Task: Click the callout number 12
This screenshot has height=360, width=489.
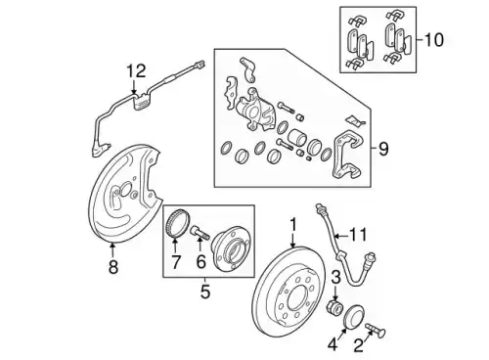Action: [x=136, y=71]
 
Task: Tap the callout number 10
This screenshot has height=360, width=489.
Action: [x=434, y=40]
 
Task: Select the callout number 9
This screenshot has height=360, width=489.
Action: [x=383, y=149]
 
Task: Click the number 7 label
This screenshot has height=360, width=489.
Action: [x=176, y=262]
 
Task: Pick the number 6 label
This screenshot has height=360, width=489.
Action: [x=200, y=261]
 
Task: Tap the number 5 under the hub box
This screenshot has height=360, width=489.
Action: [x=205, y=292]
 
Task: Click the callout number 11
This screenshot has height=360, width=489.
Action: [x=358, y=235]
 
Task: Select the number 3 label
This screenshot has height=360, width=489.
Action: [x=335, y=278]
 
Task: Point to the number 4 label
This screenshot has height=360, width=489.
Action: [x=333, y=344]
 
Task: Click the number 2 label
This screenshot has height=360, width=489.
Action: [x=359, y=345]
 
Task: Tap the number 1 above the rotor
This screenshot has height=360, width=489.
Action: [x=293, y=225]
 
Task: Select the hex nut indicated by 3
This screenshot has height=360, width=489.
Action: [x=334, y=307]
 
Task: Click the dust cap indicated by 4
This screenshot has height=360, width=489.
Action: [x=354, y=316]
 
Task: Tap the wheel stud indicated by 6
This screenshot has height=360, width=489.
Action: [x=199, y=233]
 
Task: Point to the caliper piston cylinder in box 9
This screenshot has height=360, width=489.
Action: [x=297, y=138]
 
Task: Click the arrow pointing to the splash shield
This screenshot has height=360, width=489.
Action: [x=112, y=250]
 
